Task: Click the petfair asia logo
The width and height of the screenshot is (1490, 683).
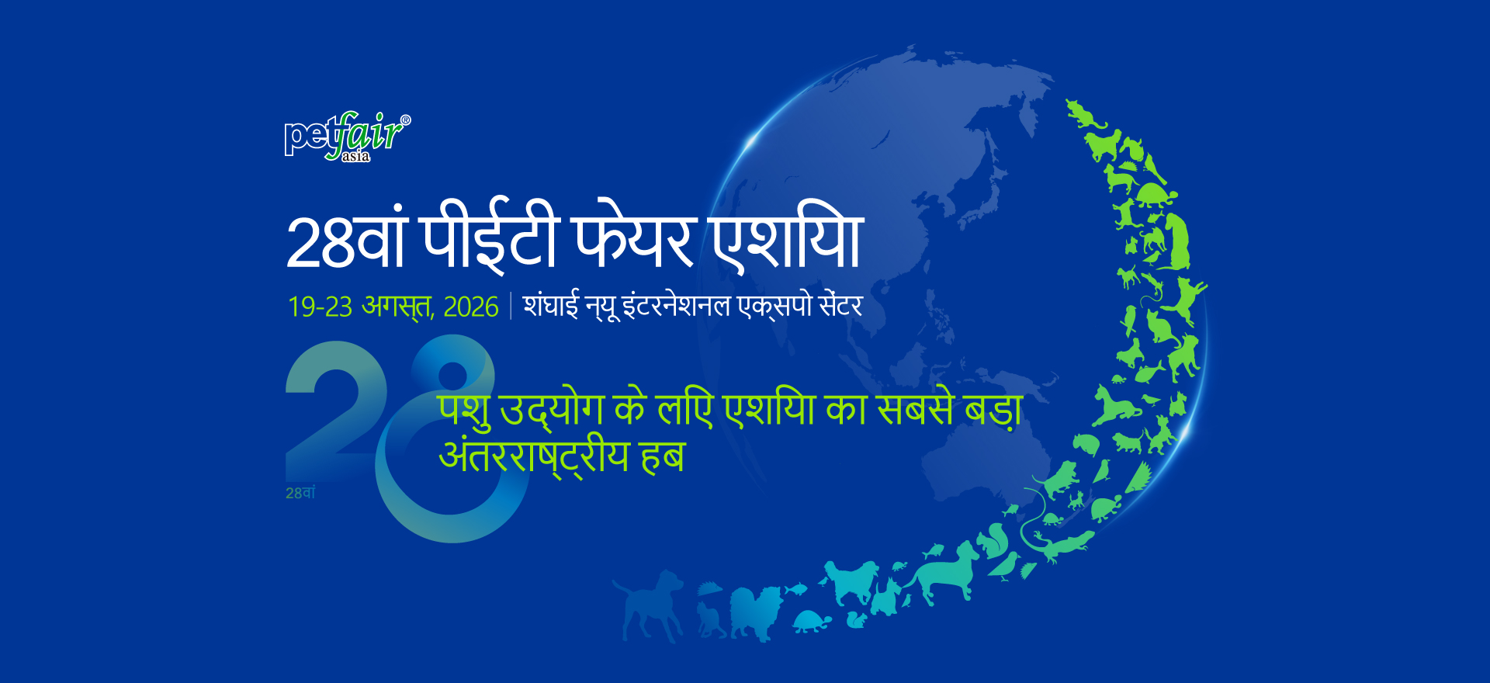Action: click(x=348, y=137)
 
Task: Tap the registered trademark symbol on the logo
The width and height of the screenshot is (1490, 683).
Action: click(x=405, y=120)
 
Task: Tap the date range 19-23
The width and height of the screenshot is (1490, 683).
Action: click(x=320, y=307)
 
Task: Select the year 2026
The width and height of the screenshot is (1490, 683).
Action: click(x=471, y=307)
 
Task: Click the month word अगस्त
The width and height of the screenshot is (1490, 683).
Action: click(x=397, y=307)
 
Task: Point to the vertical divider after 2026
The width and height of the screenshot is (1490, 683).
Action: click(x=511, y=306)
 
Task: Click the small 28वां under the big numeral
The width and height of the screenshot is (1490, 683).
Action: click(x=300, y=493)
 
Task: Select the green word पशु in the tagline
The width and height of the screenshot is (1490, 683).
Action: click(x=464, y=410)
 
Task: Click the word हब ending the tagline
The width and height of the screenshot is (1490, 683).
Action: click(x=663, y=456)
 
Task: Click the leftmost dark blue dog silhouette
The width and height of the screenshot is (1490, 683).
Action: click(x=649, y=605)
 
